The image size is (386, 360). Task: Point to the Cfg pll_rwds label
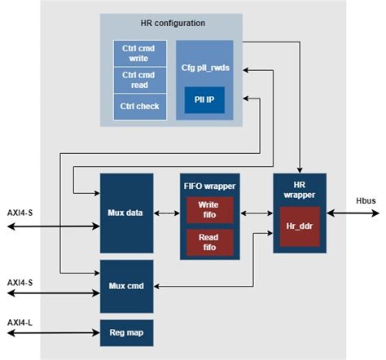[x=204, y=66]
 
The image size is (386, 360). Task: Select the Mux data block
[x=126, y=213]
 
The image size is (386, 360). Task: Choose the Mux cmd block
[x=126, y=286]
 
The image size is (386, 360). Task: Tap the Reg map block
[x=126, y=333]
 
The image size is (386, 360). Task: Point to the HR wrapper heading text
[x=299, y=190]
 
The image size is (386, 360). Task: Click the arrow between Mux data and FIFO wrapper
[x=166, y=214]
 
